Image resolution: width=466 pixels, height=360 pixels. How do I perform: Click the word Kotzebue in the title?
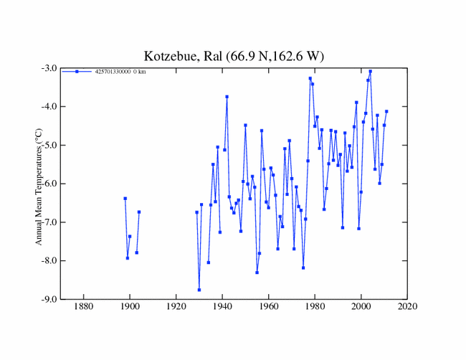171,56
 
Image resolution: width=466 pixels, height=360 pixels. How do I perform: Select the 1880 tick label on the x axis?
84,308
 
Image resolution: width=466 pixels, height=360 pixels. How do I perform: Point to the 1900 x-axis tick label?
130,308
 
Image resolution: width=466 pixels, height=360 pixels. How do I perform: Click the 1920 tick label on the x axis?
176,308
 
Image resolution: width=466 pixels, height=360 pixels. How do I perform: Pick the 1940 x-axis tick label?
222,308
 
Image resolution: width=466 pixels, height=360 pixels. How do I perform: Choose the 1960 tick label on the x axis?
269,308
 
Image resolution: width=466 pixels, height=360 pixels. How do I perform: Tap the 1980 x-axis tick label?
315,308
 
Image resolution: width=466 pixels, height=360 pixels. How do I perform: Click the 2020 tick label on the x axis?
407,308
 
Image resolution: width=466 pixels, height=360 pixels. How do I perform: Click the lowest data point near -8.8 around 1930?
199,290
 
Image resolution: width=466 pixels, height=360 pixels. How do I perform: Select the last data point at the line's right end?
386,111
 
